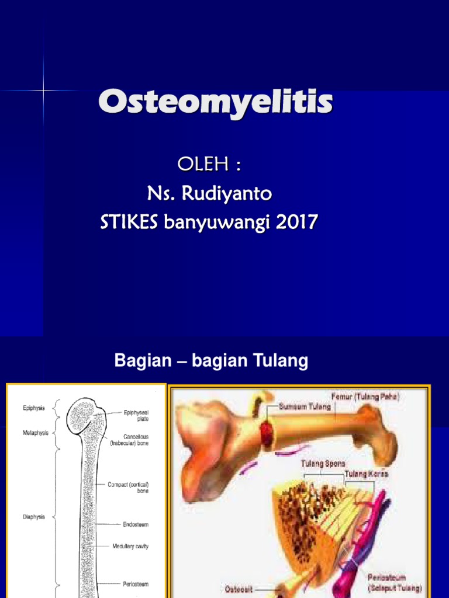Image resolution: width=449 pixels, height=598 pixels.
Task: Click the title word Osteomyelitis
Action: click(x=216, y=104)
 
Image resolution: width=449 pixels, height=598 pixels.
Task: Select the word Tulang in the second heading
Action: click(x=279, y=361)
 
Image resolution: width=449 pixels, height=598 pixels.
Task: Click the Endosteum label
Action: click(x=136, y=524)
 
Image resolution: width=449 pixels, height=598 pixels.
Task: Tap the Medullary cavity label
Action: click(x=130, y=547)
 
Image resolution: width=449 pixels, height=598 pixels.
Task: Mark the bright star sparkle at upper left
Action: click(x=44, y=91)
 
